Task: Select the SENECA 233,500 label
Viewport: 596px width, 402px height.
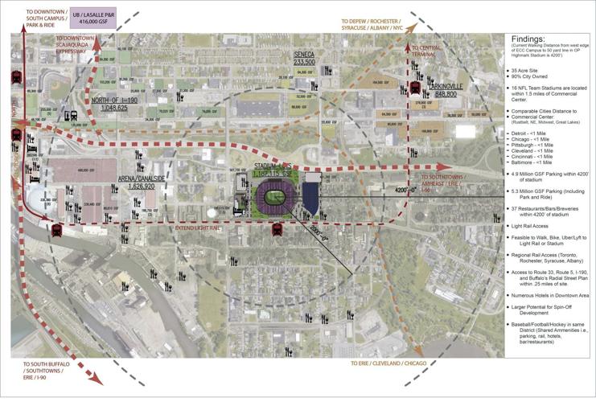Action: (304, 58)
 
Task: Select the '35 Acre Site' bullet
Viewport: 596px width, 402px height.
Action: (534, 71)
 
